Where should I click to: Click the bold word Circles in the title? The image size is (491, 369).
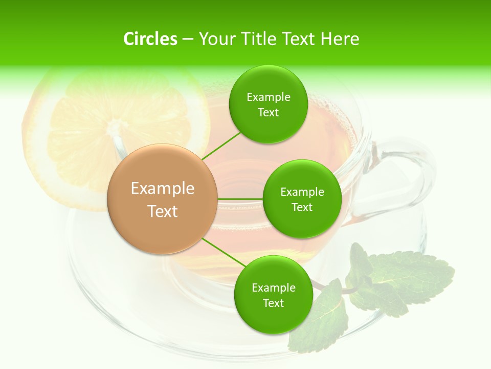(150, 39)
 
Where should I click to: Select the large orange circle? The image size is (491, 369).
(163, 199)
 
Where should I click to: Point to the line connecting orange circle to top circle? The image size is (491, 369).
(221, 146)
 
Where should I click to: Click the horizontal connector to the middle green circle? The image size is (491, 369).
(240, 199)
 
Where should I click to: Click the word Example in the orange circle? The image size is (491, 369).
(163, 189)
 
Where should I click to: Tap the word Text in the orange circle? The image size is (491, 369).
(163, 211)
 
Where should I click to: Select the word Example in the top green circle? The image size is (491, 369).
(268, 97)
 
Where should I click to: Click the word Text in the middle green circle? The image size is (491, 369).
(302, 208)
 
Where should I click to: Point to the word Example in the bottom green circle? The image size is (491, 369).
(273, 288)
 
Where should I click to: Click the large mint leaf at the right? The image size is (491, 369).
(409, 277)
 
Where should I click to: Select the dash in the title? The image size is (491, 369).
(188, 39)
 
